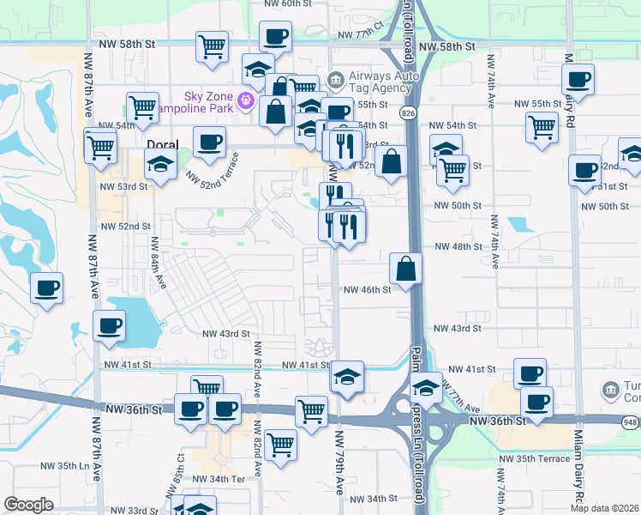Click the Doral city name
[x=162, y=145]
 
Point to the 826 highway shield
[x=408, y=112]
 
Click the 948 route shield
[x=632, y=421]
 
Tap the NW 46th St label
[x=367, y=290]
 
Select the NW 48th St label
[x=458, y=246]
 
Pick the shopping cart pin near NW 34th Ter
[x=280, y=445]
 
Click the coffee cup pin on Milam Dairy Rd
[x=578, y=80]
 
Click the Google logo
[x=28, y=505]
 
